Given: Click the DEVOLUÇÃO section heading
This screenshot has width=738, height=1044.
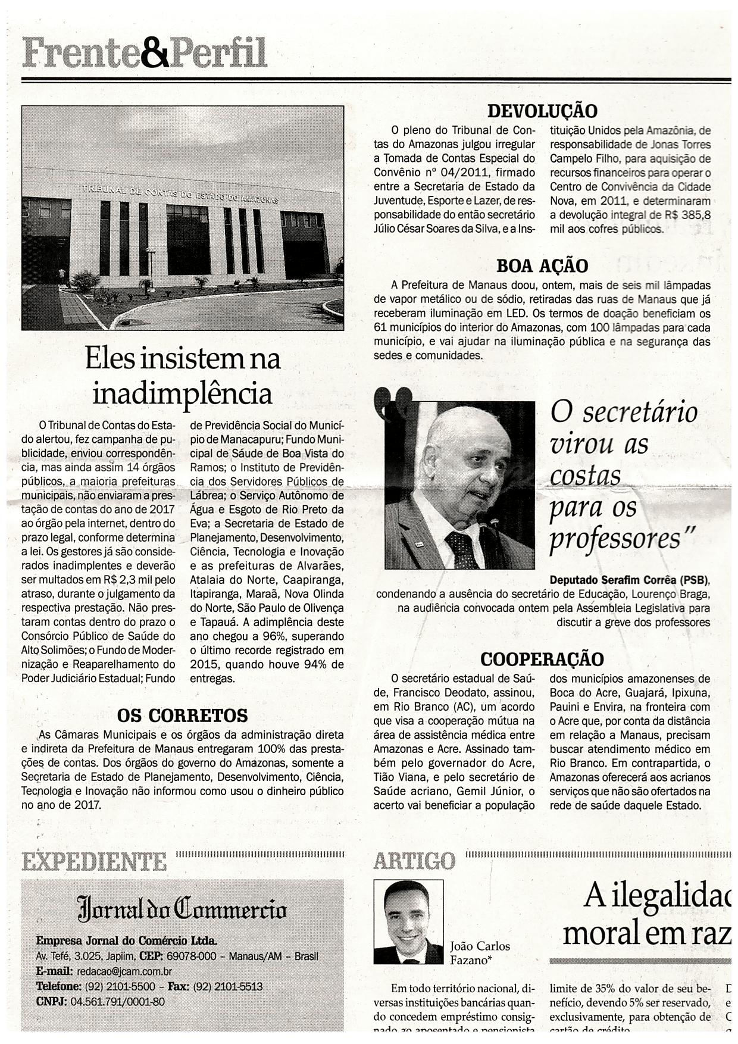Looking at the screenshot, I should [x=542, y=111].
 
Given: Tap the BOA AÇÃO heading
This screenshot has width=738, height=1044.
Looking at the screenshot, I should [x=542, y=265].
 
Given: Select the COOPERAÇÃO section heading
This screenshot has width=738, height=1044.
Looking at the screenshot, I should [x=542, y=659].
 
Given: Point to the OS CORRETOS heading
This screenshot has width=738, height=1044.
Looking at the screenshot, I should [x=182, y=715].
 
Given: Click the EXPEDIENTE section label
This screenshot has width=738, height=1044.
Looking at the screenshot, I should [x=94, y=861].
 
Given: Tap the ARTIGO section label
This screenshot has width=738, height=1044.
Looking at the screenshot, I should [x=414, y=861].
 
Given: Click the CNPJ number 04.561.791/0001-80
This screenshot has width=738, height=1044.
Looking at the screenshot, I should [x=117, y=1001].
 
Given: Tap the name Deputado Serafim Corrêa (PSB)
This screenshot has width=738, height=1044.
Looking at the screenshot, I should [x=630, y=580].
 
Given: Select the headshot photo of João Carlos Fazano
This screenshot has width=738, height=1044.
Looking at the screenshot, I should [x=408, y=921].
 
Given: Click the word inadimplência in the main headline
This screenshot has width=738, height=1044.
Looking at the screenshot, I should [x=182, y=393].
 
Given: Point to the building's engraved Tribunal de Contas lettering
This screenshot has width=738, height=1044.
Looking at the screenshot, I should [x=180, y=193].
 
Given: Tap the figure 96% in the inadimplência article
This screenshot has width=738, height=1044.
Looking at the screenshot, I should [x=276, y=636].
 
